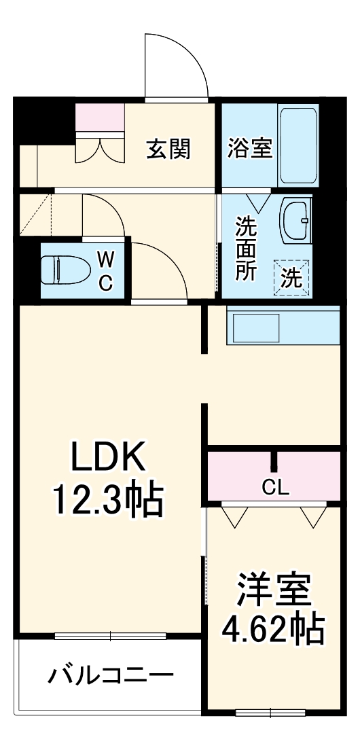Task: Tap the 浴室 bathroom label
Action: click(x=249, y=147)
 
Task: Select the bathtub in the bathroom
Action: click(x=298, y=144)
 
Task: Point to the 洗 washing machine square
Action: click(x=291, y=278)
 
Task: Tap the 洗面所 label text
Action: click(x=246, y=248)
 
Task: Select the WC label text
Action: click(x=105, y=270)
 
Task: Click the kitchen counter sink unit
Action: click(x=282, y=328)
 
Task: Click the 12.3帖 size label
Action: click(x=108, y=501)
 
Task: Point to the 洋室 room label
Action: click(x=274, y=590)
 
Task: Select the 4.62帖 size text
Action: click(x=274, y=630)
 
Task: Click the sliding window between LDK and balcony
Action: click(x=110, y=637)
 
